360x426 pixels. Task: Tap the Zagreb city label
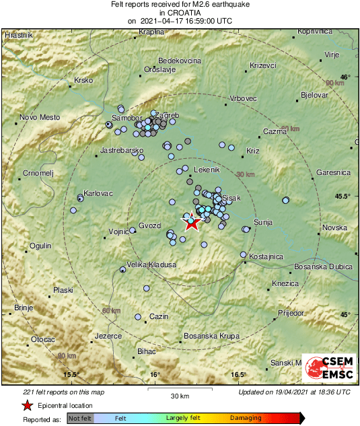(x=168, y=116)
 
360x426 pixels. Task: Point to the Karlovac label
(x=98, y=193)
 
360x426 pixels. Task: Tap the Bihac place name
(x=146, y=351)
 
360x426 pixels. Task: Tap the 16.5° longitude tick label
(x=239, y=375)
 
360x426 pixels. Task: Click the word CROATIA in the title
(x=180, y=12)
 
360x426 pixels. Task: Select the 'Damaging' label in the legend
(x=246, y=419)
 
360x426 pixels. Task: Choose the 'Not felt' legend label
(x=80, y=419)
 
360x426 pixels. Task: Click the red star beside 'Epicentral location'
(x=27, y=405)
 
